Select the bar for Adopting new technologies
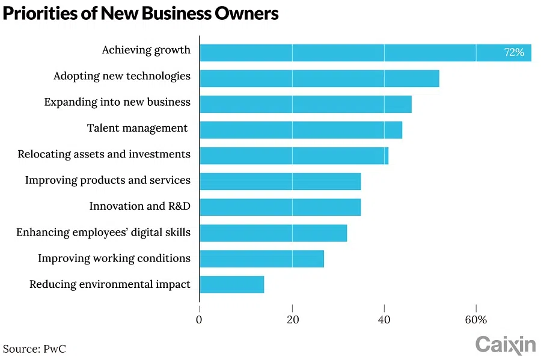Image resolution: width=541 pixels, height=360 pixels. [x=319, y=78]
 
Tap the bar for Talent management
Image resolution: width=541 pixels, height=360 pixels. [x=301, y=130]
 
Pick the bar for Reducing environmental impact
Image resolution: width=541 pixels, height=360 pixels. [x=231, y=284]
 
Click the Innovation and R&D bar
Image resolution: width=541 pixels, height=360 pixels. [x=280, y=207]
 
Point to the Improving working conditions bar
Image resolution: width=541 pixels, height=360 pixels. [x=261, y=258]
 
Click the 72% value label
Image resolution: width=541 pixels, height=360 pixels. [x=514, y=52]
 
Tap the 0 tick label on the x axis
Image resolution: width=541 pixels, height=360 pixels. [x=200, y=320]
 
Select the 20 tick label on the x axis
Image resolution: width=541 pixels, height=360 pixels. [x=292, y=320]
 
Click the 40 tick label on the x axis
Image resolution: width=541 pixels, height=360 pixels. [x=384, y=320]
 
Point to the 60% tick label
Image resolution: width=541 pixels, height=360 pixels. [x=476, y=320]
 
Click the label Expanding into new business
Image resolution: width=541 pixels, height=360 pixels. [x=117, y=102]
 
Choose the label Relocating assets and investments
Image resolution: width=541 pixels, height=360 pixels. [x=104, y=154]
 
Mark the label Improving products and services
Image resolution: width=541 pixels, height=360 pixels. [x=108, y=180]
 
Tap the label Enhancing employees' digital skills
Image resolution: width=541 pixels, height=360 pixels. [x=103, y=232]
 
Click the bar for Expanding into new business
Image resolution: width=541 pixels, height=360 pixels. [x=305, y=104]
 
